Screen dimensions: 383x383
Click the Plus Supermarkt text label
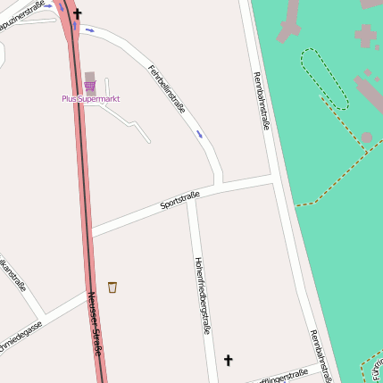[x=91, y=99]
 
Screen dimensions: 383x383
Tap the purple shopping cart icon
[x=89, y=86]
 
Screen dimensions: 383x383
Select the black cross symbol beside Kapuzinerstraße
[x=78, y=13]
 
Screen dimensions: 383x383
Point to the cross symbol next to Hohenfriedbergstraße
[x=228, y=360]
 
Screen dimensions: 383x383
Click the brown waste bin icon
[x=112, y=287]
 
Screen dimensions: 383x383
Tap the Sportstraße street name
[x=179, y=199]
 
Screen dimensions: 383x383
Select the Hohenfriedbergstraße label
[x=202, y=296]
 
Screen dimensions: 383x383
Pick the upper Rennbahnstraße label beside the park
[x=262, y=101]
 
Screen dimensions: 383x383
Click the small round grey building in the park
[x=367, y=137]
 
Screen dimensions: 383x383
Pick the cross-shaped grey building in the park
[x=365, y=37]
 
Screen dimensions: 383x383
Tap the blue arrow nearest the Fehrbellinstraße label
[x=199, y=135]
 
